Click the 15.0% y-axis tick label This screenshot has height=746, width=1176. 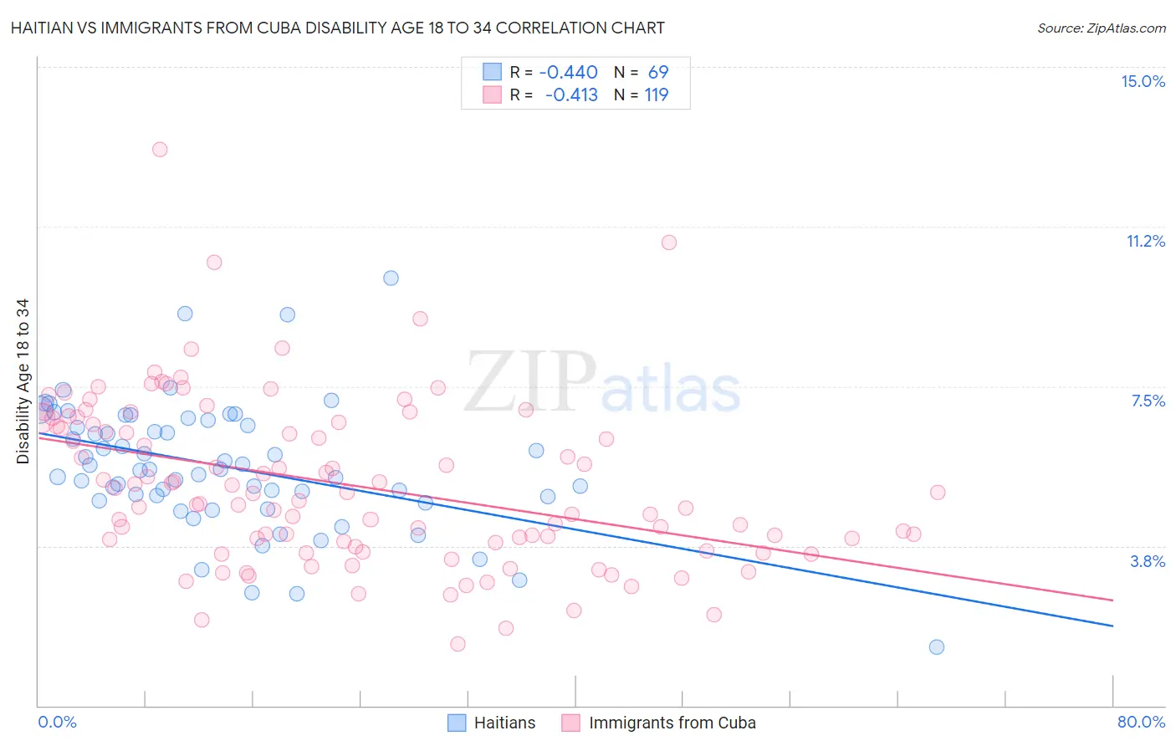[1143, 81]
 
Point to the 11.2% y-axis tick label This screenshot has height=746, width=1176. [1145, 241]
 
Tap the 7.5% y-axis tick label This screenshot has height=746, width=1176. [1148, 401]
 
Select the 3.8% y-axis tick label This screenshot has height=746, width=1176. [1148, 561]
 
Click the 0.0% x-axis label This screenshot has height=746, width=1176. [57, 722]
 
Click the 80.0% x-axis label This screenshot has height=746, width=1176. [1141, 722]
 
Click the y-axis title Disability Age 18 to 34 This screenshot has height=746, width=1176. [23, 381]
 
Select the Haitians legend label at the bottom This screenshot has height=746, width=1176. [504, 723]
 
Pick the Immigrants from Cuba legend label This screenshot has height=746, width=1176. [672, 723]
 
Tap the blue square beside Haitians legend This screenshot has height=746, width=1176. [457, 723]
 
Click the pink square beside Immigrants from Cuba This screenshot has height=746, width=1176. [570, 723]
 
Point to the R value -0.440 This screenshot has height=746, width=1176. [568, 72]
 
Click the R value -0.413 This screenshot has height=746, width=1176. [571, 95]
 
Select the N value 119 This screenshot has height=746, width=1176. [656, 95]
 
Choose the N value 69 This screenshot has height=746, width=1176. [658, 72]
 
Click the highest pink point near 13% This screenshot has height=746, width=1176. [160, 150]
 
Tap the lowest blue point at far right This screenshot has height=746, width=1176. [937, 646]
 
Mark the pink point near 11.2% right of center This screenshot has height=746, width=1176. [669, 243]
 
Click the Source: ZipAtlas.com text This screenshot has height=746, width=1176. [1101, 28]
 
